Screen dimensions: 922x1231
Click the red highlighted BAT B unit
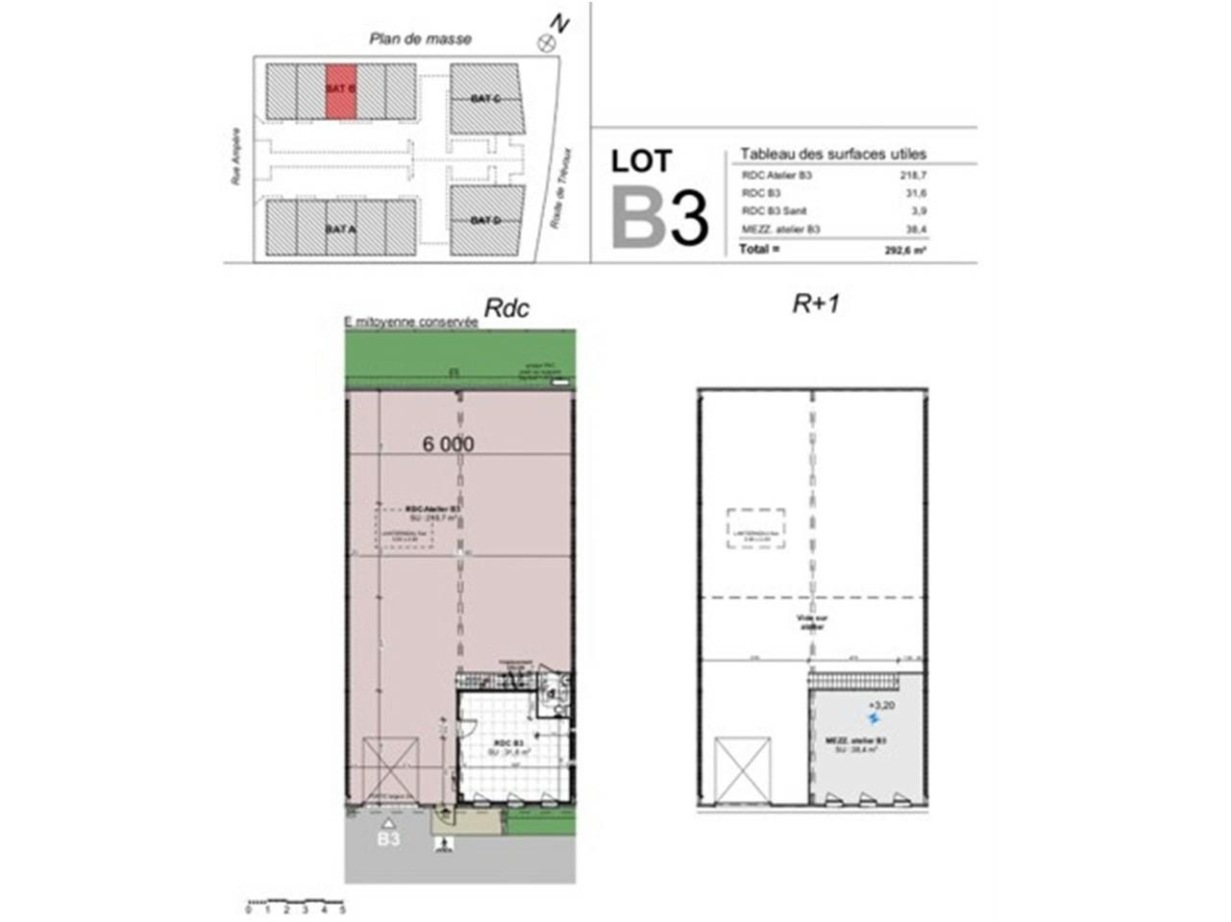(x=341, y=91)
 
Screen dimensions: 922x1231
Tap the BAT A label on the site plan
(x=340, y=230)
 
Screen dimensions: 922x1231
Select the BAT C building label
(x=486, y=99)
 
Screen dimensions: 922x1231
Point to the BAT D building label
(x=486, y=221)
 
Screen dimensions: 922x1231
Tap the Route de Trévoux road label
(x=561, y=187)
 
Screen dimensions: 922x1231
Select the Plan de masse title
(x=421, y=39)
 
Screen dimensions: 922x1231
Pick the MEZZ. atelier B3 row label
(x=781, y=229)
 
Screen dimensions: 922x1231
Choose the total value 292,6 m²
(x=905, y=250)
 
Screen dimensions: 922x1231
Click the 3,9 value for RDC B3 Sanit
(x=919, y=211)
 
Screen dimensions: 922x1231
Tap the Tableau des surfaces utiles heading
(x=833, y=154)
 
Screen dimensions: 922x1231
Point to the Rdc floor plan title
(x=505, y=307)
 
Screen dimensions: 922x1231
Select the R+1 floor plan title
(x=816, y=304)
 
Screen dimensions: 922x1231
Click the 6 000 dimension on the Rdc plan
(x=448, y=444)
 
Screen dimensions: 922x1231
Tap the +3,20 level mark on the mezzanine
(x=881, y=704)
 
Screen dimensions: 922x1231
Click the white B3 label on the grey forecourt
(x=388, y=838)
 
